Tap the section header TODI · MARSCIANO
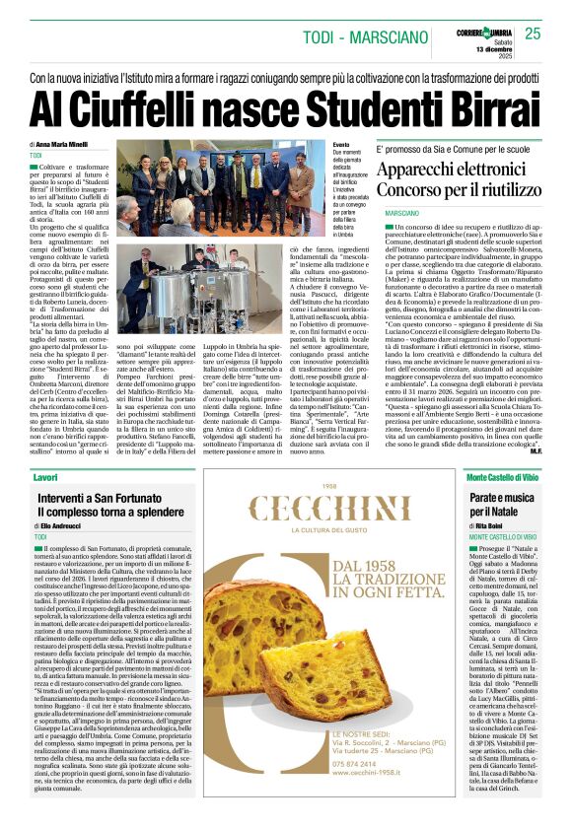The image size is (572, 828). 358,36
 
